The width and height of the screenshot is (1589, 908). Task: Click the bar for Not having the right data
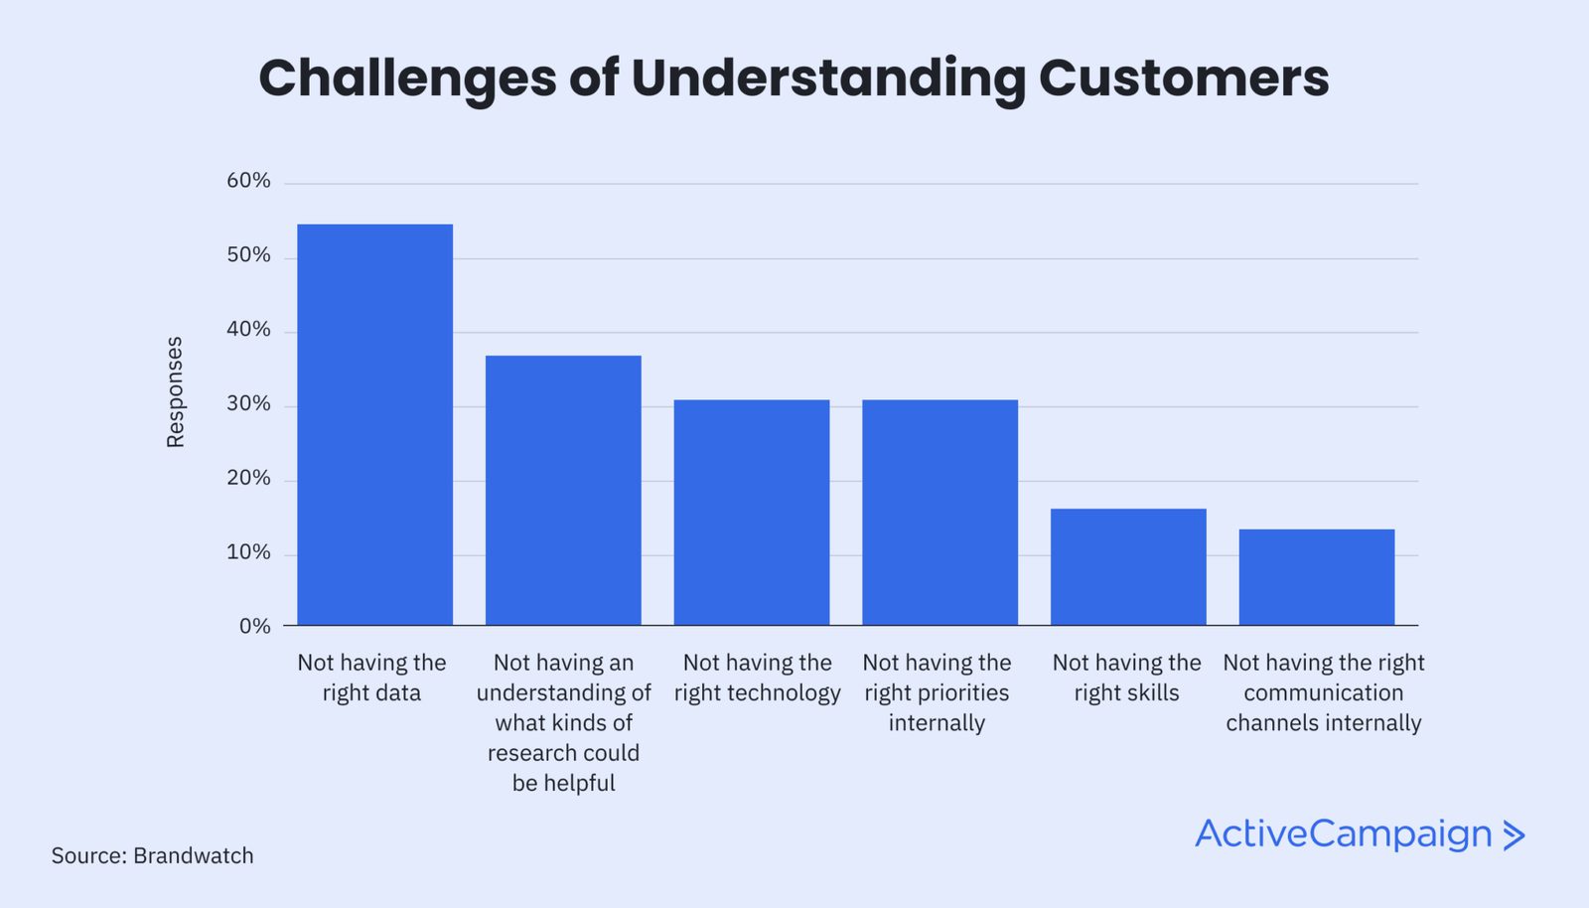pyautogui.click(x=374, y=424)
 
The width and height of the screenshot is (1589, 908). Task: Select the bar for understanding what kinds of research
pyautogui.click(x=563, y=490)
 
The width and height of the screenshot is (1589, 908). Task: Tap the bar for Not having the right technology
pyautogui.click(x=752, y=512)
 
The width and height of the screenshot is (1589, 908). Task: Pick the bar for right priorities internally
pyautogui.click(x=939, y=512)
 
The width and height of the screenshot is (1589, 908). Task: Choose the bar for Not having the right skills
pyautogui.click(x=1128, y=566)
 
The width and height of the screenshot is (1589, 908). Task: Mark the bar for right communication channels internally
pyautogui.click(x=1317, y=576)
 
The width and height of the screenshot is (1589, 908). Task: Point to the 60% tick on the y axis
pyautogui.click(x=248, y=181)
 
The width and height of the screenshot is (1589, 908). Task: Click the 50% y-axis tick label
pyautogui.click(x=248, y=255)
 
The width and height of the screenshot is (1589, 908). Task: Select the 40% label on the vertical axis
pyautogui.click(x=248, y=330)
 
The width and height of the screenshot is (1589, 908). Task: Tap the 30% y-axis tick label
pyautogui.click(x=248, y=404)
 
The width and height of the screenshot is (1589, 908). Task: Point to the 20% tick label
pyautogui.click(x=248, y=478)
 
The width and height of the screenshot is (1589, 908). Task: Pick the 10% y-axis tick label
pyautogui.click(x=248, y=552)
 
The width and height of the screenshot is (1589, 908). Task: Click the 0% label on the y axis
pyautogui.click(x=254, y=627)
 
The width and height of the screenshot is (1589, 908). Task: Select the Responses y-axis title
pyautogui.click(x=175, y=392)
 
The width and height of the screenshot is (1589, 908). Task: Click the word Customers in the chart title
pyautogui.click(x=1183, y=78)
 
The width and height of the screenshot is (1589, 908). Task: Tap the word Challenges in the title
pyautogui.click(x=407, y=78)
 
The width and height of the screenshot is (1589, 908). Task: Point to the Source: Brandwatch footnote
pyautogui.click(x=152, y=856)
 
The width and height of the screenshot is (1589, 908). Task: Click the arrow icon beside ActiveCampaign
pyautogui.click(x=1514, y=835)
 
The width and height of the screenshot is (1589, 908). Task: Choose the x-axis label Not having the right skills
pyautogui.click(x=1126, y=678)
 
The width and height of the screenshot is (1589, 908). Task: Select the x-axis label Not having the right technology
pyautogui.click(x=757, y=678)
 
